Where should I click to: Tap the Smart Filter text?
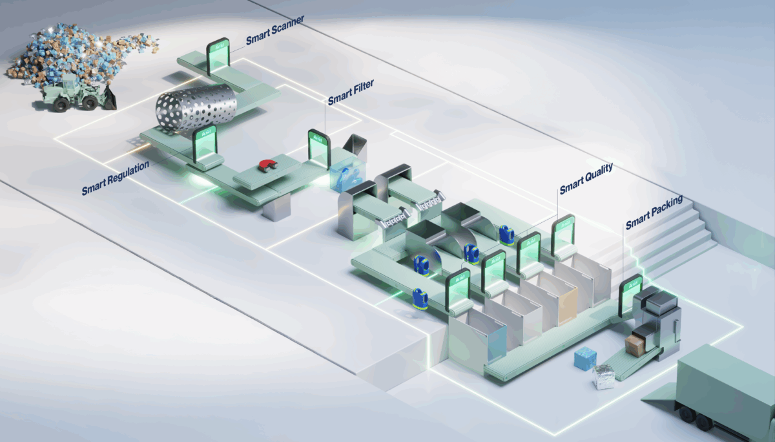coord(351,92)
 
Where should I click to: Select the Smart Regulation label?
coord(116,178)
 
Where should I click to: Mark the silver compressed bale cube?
coord(606,376)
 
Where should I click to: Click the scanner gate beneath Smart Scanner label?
coord(218,54)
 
